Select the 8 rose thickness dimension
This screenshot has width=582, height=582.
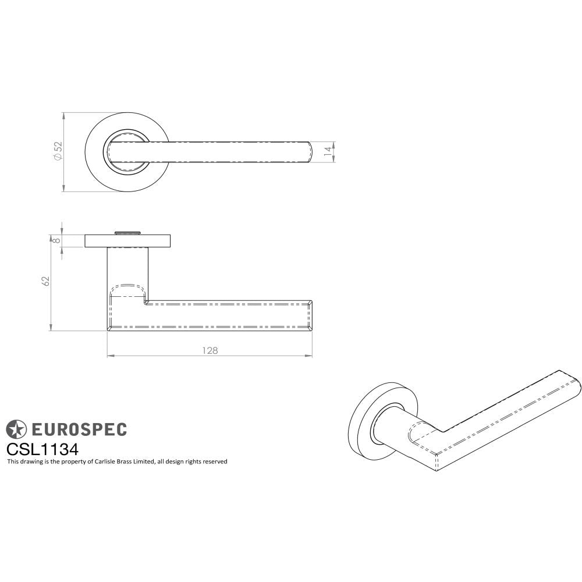pyautogui.click(x=56, y=240)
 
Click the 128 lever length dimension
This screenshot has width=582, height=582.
pyautogui.click(x=210, y=350)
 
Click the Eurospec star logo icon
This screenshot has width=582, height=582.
pyautogui.click(x=16, y=430)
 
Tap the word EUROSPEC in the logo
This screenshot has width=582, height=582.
pyautogui.click(x=78, y=430)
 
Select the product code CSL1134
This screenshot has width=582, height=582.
pyautogui.click(x=42, y=449)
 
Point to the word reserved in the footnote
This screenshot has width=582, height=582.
pyautogui.click(x=214, y=462)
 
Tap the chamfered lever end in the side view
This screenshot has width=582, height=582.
pyautogui.click(x=310, y=315)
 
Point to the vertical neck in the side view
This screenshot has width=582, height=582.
pyautogui.click(x=127, y=271)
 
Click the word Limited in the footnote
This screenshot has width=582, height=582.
pyautogui.click(x=143, y=462)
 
